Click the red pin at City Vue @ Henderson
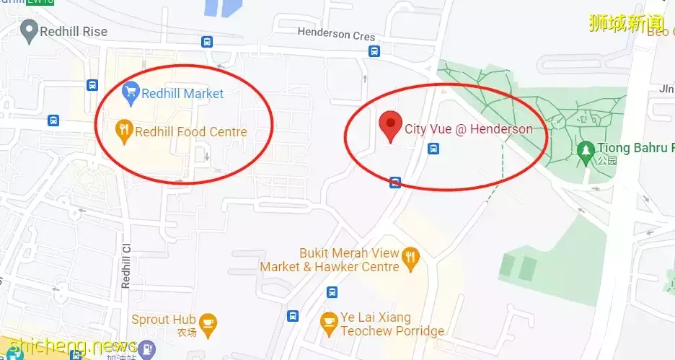click(x=390, y=127)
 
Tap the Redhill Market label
click(x=182, y=94)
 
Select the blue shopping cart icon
click(x=131, y=92)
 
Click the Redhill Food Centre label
click(x=191, y=132)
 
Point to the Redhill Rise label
click(x=74, y=31)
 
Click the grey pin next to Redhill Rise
click(x=29, y=30)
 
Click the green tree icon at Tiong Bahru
click(x=585, y=151)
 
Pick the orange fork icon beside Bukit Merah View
click(x=411, y=257)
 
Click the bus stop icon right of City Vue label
click(x=433, y=149)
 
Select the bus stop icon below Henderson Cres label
click(x=374, y=51)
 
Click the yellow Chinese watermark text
click(x=626, y=22)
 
